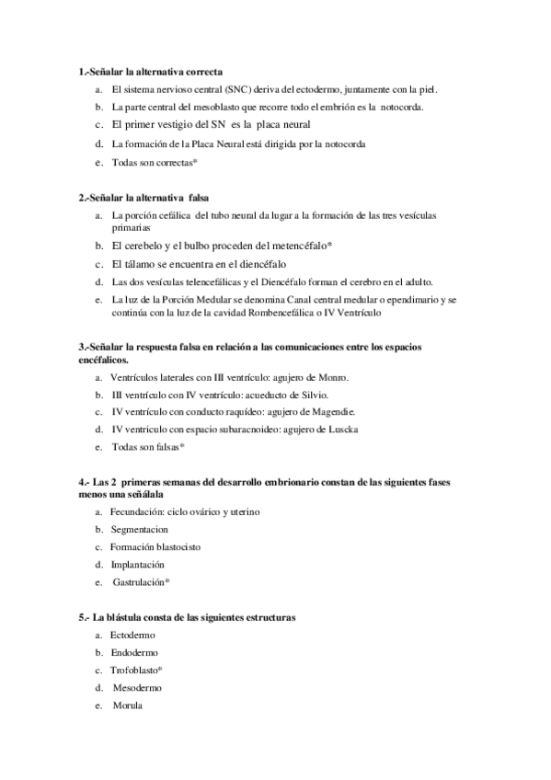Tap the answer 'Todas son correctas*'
coord(155,163)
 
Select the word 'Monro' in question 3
coord(334,378)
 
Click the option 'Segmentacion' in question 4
coord(139,530)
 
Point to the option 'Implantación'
coord(138,564)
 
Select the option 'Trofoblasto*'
coord(137,671)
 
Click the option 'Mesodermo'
coord(137,688)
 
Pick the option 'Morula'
coord(128,705)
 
